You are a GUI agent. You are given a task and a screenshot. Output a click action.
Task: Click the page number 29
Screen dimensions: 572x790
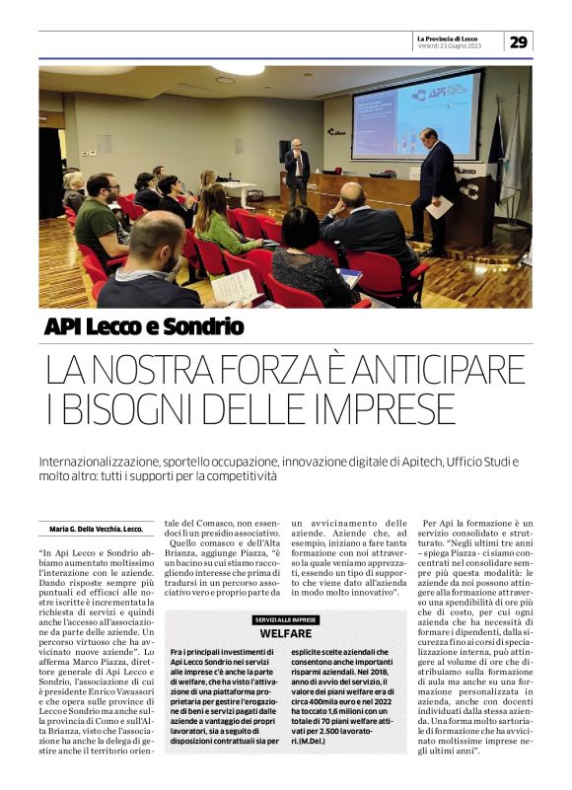[x=520, y=41]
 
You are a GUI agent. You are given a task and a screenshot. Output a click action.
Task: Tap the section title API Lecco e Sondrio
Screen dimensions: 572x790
[x=144, y=326]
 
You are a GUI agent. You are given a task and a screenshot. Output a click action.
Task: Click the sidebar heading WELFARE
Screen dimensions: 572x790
[x=287, y=632]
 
